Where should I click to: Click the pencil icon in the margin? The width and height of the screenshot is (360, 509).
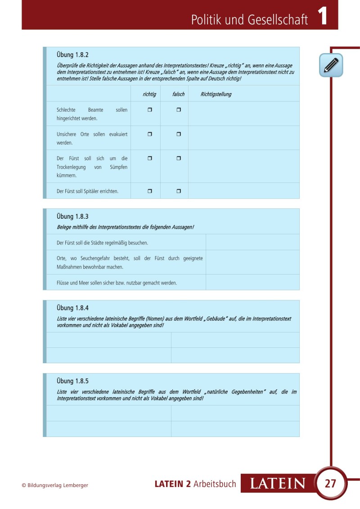pyautogui.click(x=331, y=65)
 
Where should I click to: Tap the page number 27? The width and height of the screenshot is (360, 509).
pyautogui.click(x=330, y=484)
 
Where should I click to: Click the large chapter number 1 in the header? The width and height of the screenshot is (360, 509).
pyautogui.click(x=322, y=17)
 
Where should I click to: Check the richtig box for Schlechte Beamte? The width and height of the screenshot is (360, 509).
pyautogui.click(x=150, y=110)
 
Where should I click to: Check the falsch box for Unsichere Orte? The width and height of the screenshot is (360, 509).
pyautogui.click(x=178, y=134)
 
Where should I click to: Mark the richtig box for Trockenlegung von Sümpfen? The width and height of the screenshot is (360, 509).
pyautogui.click(x=150, y=158)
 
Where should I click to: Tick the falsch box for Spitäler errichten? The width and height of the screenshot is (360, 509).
pyautogui.click(x=178, y=191)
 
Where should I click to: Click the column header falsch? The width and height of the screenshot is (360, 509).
pyautogui.click(x=178, y=94)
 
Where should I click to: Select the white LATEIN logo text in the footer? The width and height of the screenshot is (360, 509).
pyautogui.click(x=278, y=484)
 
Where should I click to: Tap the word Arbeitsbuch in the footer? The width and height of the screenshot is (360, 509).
pyautogui.click(x=215, y=484)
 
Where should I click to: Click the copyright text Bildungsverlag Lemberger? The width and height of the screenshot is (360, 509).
pyautogui.click(x=58, y=485)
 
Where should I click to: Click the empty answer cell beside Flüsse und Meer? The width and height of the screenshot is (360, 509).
pyautogui.click(x=252, y=283)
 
